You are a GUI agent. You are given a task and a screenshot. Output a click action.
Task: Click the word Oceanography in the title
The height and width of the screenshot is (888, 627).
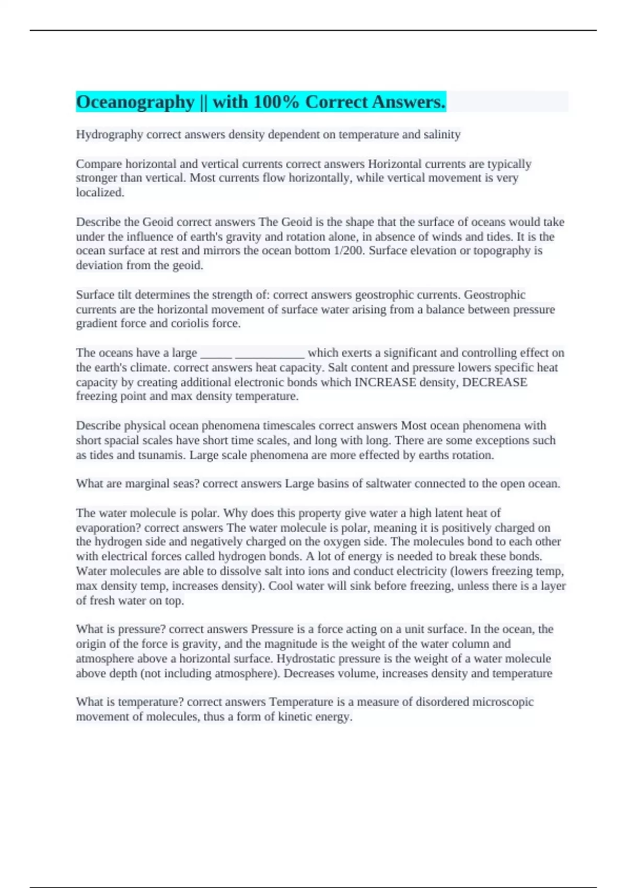pyautogui.click(x=135, y=102)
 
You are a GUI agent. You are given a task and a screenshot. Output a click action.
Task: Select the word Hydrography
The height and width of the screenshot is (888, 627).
pyautogui.click(x=109, y=135)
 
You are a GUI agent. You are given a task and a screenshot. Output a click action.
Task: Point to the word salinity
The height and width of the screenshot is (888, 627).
pyautogui.click(x=442, y=135)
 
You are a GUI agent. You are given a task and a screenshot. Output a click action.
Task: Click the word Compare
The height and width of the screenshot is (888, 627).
pyautogui.click(x=99, y=164)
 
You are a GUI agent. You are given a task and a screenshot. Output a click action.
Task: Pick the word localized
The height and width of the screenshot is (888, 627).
pyautogui.click(x=100, y=193)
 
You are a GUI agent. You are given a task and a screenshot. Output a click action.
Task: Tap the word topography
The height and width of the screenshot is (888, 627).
pyautogui.click(x=502, y=251)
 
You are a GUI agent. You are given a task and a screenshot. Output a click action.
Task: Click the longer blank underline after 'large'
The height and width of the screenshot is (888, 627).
pyautogui.click(x=270, y=353)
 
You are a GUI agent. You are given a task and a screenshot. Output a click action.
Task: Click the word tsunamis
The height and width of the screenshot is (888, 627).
pyautogui.click(x=161, y=455)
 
